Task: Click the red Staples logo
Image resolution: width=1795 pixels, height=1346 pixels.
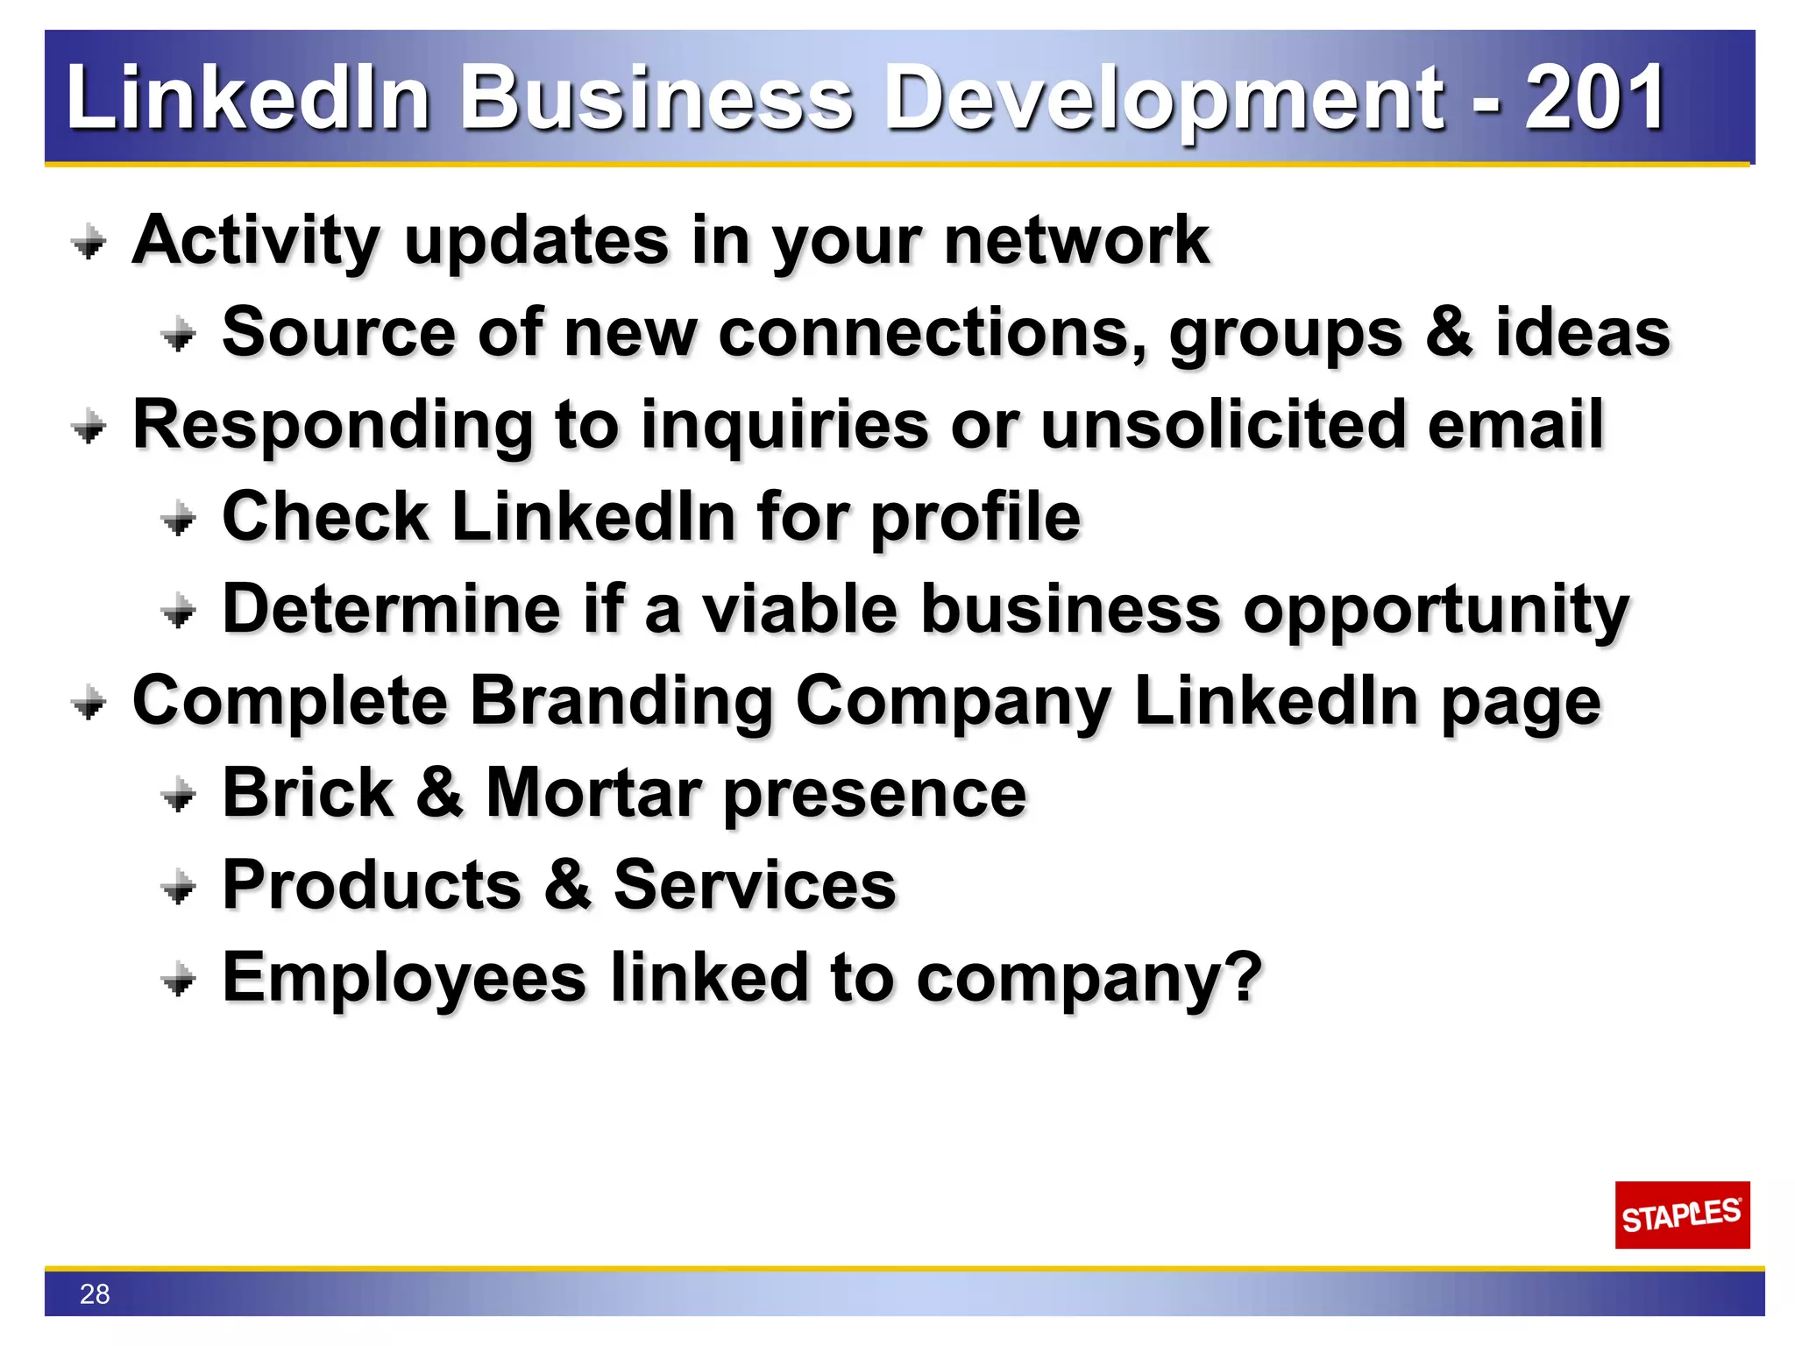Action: tap(1681, 1215)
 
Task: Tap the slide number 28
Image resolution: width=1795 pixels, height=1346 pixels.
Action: tap(95, 1294)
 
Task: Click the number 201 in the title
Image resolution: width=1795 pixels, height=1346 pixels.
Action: tap(1594, 97)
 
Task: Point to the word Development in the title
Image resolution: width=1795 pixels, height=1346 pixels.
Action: tap(1165, 99)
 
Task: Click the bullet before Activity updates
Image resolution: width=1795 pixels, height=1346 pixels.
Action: tap(89, 242)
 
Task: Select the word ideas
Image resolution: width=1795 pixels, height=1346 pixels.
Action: tap(1582, 332)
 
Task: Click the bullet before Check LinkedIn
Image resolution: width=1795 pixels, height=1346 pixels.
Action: tap(179, 519)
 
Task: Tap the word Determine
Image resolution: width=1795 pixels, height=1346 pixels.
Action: tap(391, 609)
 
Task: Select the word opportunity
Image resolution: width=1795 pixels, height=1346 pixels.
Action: tap(1436, 611)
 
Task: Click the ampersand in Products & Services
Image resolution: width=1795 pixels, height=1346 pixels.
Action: tap(567, 884)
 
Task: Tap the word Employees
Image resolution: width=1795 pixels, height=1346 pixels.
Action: tap(404, 978)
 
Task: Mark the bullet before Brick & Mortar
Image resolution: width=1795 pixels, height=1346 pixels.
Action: tap(179, 795)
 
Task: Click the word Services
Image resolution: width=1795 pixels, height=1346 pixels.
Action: tap(755, 885)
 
